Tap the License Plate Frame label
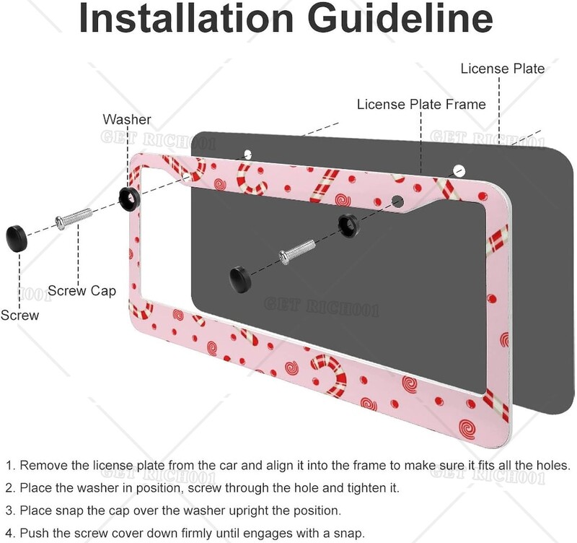coord(421,105)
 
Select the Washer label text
coord(126,119)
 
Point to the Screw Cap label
coord(82,291)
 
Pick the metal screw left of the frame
coord(73,217)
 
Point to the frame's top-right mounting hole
coord(458,171)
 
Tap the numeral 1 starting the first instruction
coord(9,466)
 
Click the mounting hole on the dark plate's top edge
coord(247,154)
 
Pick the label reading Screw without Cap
coord(19,315)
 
